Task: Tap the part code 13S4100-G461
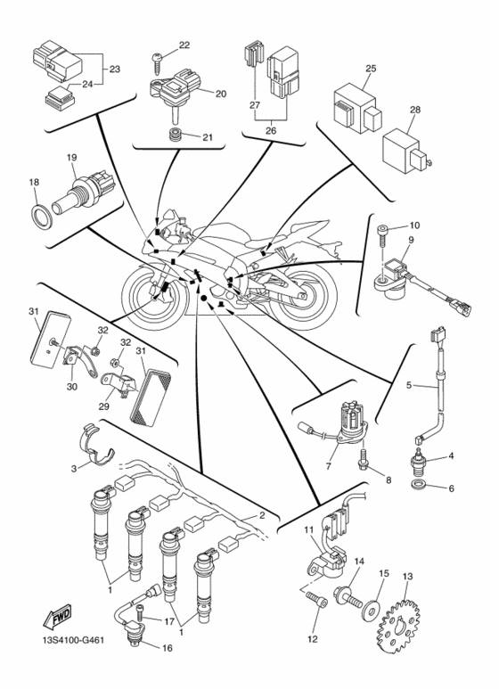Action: pos(70,639)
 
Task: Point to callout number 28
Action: pos(415,110)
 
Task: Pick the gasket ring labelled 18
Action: pos(42,216)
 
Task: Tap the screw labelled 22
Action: pos(157,62)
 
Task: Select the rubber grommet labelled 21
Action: pos(176,135)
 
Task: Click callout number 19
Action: pos(71,157)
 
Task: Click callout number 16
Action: pos(167,648)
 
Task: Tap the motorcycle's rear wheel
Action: pos(304,293)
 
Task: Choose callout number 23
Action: pos(115,70)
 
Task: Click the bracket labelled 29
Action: pos(118,383)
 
